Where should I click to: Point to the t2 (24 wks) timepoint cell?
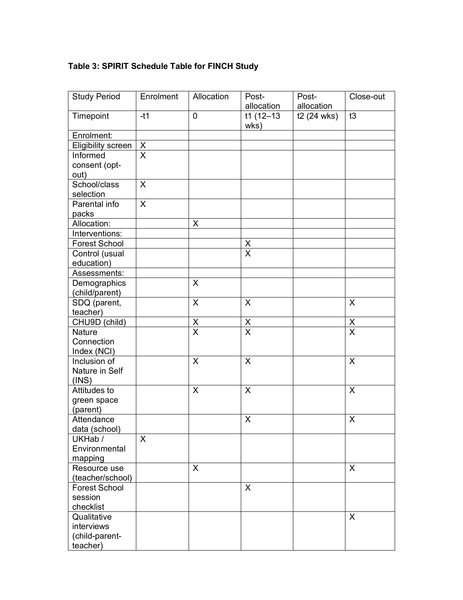coord(317,116)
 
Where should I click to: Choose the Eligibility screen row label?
coord(102,145)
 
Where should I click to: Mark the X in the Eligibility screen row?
coord(143,145)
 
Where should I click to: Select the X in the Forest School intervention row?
coord(248,243)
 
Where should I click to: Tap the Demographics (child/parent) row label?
coord(99,288)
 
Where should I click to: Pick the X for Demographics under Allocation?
coord(195,283)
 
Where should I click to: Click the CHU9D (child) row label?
coord(99,322)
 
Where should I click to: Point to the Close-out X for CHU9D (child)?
coord(352,322)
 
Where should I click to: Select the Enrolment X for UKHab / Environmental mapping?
coord(143,439)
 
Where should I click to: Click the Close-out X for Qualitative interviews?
coord(352,517)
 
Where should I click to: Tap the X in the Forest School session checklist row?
coord(248,488)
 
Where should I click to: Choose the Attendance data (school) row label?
coord(96,424)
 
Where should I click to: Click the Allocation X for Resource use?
coord(195,468)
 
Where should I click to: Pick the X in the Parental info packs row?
coord(143,204)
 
